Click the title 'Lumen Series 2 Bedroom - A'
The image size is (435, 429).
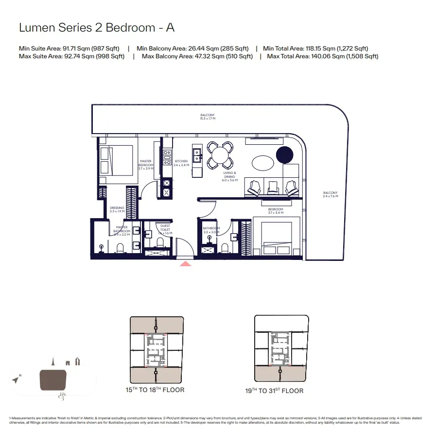pos(96,28)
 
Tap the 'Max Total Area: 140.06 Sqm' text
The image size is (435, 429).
pos(323,56)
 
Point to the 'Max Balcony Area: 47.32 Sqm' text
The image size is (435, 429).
pos(197,56)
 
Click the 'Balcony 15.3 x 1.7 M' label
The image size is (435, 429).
pos(208,117)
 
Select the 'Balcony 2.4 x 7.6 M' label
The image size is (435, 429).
pos(330,195)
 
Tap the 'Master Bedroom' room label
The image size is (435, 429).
pos(146,163)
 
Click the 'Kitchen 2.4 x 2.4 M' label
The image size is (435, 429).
pos(181,163)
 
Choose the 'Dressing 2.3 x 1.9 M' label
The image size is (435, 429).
pos(117,209)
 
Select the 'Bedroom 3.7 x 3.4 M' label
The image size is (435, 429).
pos(275,211)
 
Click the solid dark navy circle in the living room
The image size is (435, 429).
pos(285,155)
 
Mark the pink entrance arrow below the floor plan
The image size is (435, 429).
pos(185,264)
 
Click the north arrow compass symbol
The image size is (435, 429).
pos(17,379)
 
